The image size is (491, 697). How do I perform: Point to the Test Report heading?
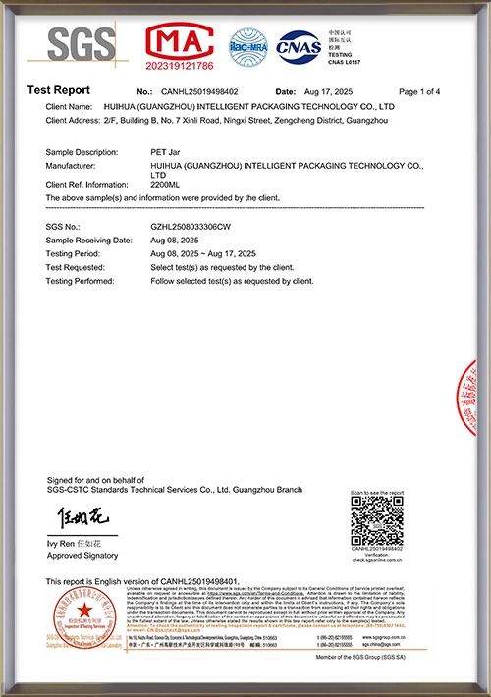pos(58,90)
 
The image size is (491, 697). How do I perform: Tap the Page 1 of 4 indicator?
pos(420,90)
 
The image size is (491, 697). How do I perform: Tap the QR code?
pos(376,521)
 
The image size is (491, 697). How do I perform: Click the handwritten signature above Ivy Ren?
pos(73,517)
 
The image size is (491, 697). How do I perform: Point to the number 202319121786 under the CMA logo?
pos(180,67)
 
